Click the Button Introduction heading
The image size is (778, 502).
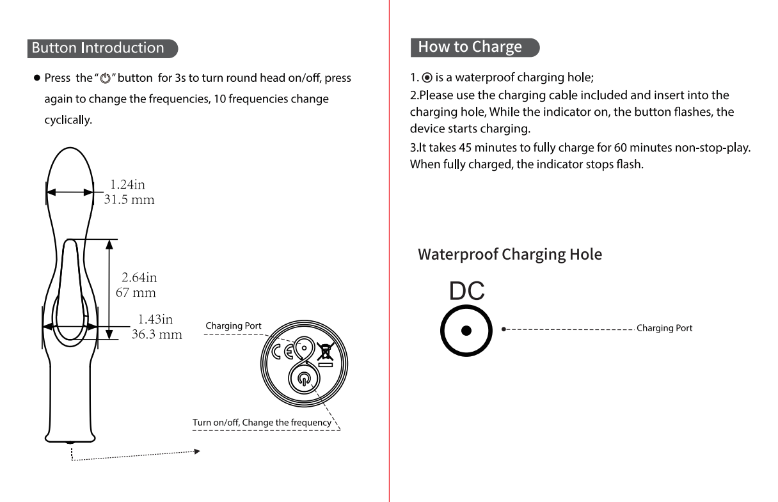click(x=98, y=48)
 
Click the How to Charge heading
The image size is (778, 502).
click(x=470, y=47)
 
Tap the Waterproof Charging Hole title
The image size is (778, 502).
click(x=510, y=255)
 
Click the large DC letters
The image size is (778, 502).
click(x=466, y=292)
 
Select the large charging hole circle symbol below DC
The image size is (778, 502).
click(x=466, y=330)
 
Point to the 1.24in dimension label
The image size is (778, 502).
click(x=127, y=185)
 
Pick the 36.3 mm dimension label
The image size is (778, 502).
click(x=157, y=334)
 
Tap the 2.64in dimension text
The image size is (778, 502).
click(x=139, y=278)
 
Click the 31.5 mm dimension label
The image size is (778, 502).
click(x=129, y=200)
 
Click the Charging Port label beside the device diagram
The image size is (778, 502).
click(x=234, y=326)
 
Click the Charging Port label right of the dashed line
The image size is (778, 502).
click(x=664, y=328)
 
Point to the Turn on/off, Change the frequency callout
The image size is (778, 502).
click(x=262, y=423)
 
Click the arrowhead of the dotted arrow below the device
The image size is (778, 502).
click(x=197, y=451)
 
